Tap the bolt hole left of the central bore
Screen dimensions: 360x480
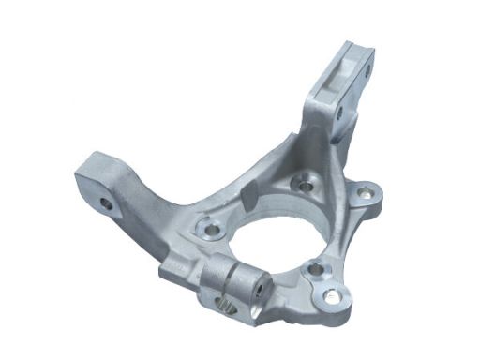(x=210, y=227)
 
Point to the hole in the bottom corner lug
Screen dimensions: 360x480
(x=329, y=298)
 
